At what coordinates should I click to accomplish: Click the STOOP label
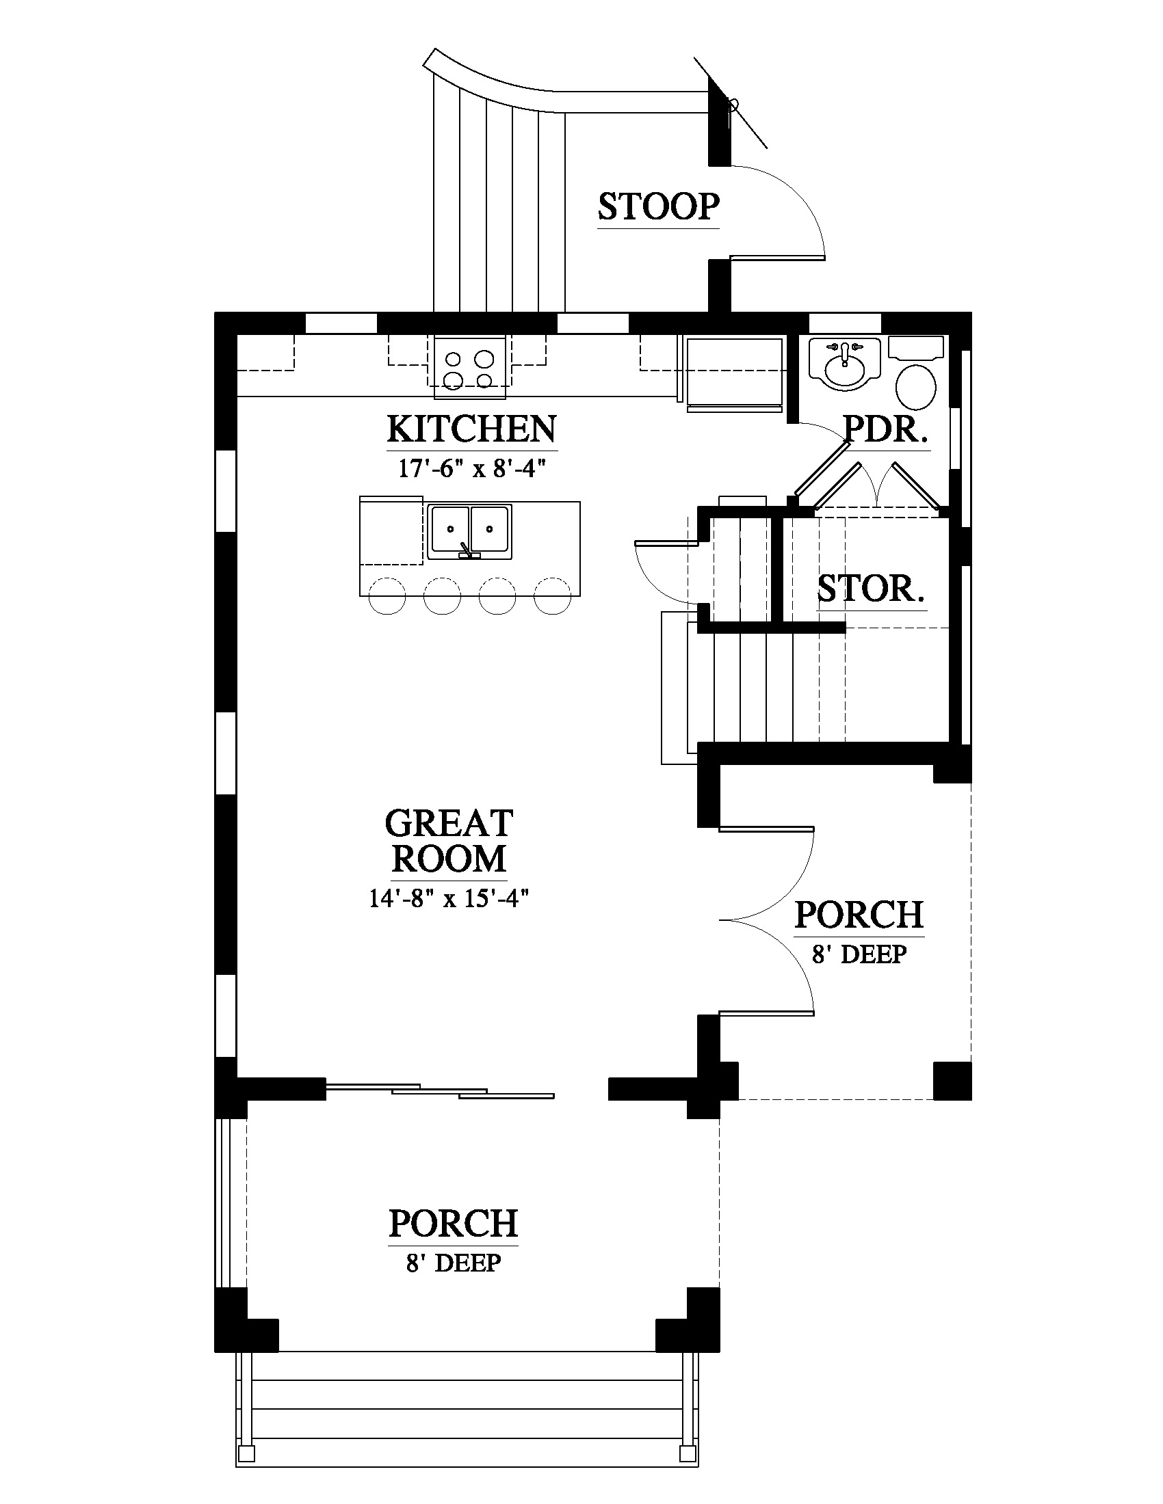[659, 206]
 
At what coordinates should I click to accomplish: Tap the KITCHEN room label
[472, 429]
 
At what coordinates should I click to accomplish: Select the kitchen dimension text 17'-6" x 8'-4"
[472, 469]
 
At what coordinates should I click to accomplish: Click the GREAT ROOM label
[449, 841]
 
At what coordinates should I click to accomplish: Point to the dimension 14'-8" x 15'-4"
[449, 898]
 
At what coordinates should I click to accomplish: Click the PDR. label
[886, 430]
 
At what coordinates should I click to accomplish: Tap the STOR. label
[871, 589]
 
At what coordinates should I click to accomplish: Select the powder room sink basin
[844, 365]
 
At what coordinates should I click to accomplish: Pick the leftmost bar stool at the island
[387, 595]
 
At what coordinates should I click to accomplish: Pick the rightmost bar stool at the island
[553, 595]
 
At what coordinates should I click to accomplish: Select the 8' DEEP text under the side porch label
[859, 954]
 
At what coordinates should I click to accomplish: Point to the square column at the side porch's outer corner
[952, 1080]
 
